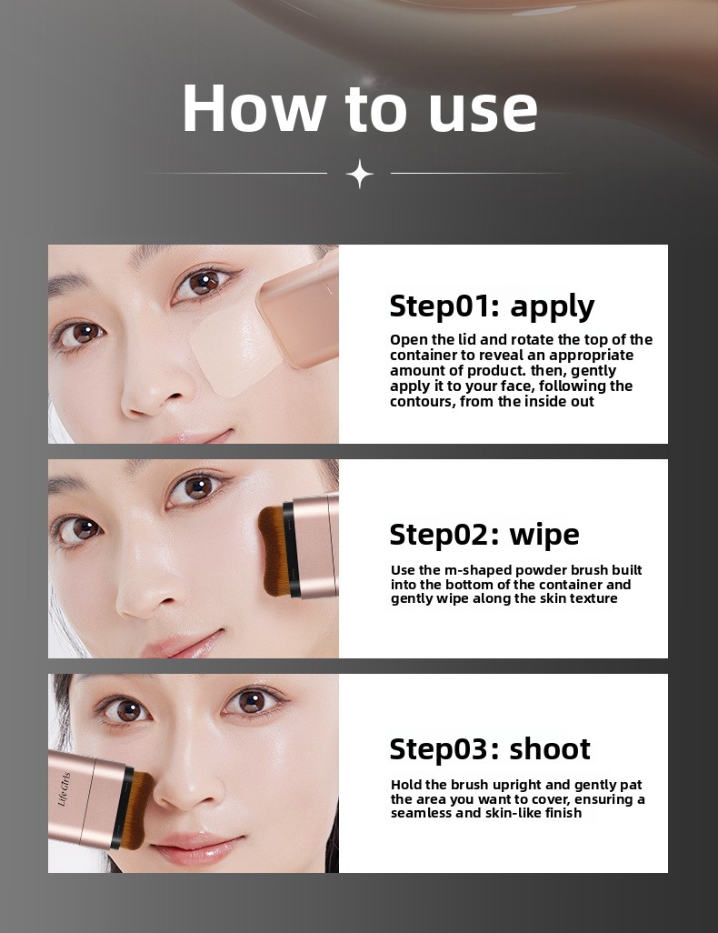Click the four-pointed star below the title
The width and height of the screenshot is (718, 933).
click(x=359, y=174)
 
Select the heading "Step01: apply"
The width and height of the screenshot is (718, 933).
click(x=492, y=306)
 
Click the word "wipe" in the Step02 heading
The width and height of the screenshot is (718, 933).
click(x=543, y=534)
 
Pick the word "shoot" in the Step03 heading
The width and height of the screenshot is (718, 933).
click(x=550, y=748)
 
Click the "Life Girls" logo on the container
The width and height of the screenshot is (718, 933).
click(x=65, y=789)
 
